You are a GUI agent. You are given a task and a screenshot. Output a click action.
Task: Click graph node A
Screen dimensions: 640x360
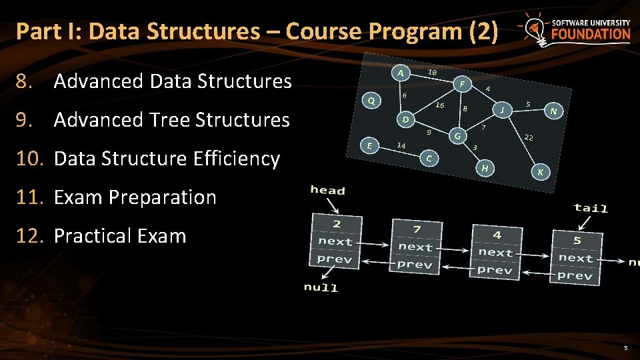pyautogui.click(x=399, y=72)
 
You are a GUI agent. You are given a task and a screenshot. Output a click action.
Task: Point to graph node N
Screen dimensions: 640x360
pyautogui.click(x=553, y=111)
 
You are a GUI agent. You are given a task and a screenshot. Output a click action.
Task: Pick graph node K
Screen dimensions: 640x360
pyautogui.click(x=540, y=173)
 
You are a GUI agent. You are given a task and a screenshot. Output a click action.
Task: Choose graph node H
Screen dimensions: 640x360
pyautogui.click(x=485, y=168)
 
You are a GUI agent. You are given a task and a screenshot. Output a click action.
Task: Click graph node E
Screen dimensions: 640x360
pyautogui.click(x=369, y=145)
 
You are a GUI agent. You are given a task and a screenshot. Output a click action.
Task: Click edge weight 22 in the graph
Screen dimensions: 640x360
pyautogui.click(x=528, y=137)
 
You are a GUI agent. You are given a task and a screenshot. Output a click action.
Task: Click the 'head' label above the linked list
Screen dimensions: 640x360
pyautogui.click(x=328, y=191)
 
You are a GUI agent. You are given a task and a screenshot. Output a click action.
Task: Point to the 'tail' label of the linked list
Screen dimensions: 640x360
pyautogui.click(x=591, y=208)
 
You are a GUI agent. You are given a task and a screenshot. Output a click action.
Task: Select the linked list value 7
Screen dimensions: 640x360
pyautogui.click(x=417, y=229)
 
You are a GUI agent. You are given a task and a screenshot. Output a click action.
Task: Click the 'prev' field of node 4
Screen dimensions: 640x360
pyautogui.click(x=495, y=270)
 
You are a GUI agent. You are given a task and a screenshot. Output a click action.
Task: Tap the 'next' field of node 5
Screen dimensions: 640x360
pyautogui.click(x=576, y=257)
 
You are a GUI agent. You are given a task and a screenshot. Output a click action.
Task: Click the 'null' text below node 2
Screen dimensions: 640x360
pyautogui.click(x=321, y=287)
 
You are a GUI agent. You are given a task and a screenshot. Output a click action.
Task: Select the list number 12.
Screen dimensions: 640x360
pyautogui.click(x=31, y=236)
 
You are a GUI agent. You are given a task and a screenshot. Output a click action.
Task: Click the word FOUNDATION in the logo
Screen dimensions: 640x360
pyautogui.click(x=590, y=34)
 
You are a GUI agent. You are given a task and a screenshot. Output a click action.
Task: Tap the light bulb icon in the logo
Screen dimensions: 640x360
pyautogui.click(x=534, y=29)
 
